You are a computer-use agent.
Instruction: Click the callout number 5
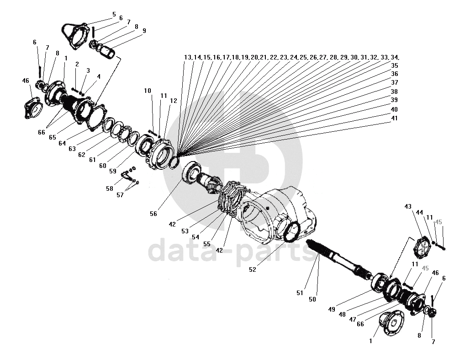114,14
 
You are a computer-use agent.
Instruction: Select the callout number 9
144,31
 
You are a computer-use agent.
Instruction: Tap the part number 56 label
153,214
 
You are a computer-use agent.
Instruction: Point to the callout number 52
253,269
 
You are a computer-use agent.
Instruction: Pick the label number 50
312,299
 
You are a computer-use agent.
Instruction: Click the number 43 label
408,207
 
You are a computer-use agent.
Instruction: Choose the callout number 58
109,189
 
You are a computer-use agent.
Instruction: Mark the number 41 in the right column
394,118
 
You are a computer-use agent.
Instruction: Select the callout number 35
394,65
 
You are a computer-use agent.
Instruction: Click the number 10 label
148,91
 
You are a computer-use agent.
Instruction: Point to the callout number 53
185,231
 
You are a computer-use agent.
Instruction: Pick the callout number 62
82,155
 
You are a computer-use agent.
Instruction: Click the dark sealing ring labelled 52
291,230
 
